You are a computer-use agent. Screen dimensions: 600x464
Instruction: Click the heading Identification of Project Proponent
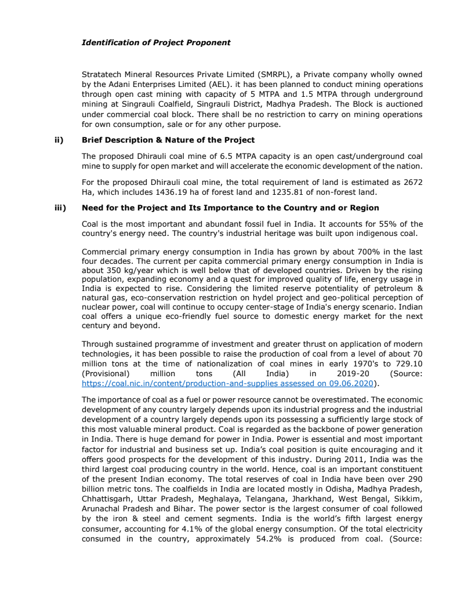pos(156,42)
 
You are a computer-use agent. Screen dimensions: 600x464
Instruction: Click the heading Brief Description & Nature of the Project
pos(168,140)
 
